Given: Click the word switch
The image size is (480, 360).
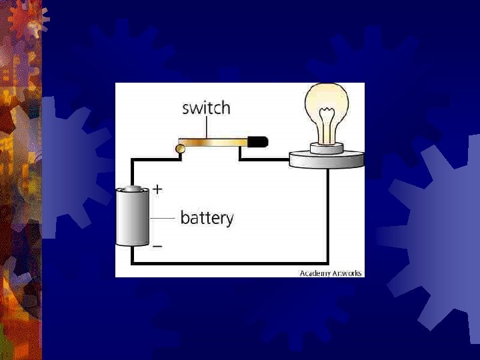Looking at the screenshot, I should click(206, 108).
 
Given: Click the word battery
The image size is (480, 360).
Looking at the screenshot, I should click(207, 218).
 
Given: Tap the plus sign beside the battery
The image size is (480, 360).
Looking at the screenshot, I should click(157, 189).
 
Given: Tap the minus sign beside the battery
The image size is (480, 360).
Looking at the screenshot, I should click(157, 246).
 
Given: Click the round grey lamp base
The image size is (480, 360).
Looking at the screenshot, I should click(327, 159).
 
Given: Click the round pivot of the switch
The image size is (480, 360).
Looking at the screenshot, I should click(180, 148).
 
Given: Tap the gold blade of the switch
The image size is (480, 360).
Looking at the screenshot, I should click(213, 142).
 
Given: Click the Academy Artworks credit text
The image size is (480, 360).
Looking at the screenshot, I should click(330, 273).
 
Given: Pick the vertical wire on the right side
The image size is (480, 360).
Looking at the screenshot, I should click(327, 213).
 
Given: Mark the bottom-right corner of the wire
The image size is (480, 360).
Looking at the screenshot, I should click(327, 263).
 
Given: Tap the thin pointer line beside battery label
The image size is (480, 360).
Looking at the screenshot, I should click(163, 218).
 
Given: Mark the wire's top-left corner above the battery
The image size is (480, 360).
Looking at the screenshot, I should click(133, 160).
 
